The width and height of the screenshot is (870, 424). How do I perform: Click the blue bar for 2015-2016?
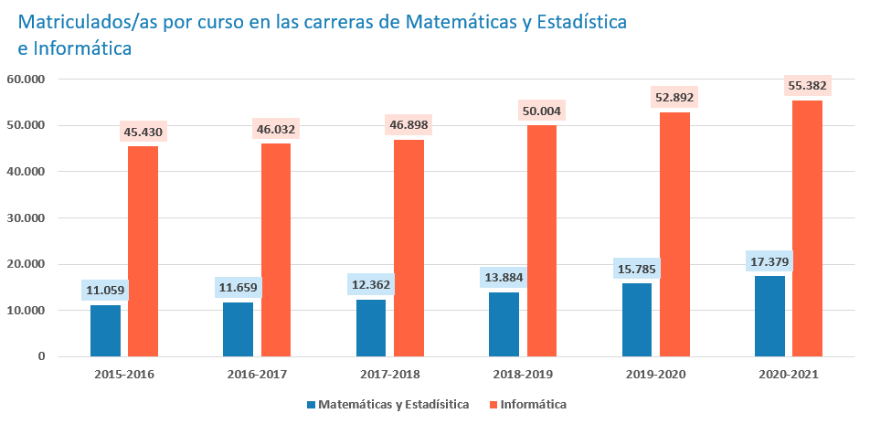(x=105, y=330)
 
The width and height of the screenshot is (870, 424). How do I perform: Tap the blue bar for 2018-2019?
(x=504, y=323)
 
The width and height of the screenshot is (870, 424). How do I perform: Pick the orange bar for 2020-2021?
(x=807, y=228)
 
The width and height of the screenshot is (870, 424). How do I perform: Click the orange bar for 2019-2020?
(x=674, y=234)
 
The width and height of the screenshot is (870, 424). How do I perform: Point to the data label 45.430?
(x=143, y=132)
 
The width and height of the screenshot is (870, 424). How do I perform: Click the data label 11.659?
(x=239, y=289)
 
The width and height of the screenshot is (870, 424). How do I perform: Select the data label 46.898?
(x=408, y=125)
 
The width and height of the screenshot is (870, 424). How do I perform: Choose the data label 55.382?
(x=807, y=86)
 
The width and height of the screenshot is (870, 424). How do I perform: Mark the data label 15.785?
(x=637, y=270)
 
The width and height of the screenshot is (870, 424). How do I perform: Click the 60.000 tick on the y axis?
(x=27, y=79)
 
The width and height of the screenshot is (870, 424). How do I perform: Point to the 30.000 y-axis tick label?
(x=27, y=218)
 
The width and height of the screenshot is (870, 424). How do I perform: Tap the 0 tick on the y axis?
(x=42, y=356)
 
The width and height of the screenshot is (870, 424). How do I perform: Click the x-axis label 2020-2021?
(x=788, y=375)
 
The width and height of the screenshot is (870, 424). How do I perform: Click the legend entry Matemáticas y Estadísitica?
(x=394, y=404)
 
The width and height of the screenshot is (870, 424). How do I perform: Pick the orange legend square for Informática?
(x=493, y=404)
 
